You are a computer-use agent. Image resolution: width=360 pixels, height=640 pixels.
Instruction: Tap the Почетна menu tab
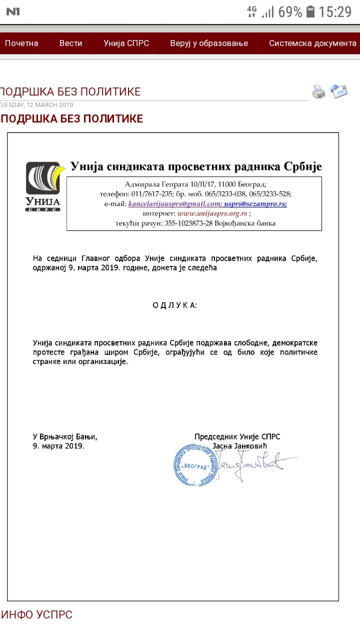point(21,43)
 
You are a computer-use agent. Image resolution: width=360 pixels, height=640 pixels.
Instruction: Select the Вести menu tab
point(70,43)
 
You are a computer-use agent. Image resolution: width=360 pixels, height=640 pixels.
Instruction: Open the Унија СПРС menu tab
point(126,43)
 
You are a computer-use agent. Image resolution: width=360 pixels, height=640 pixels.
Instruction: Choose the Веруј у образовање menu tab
point(209,43)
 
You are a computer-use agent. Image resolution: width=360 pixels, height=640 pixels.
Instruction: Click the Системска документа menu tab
point(312,43)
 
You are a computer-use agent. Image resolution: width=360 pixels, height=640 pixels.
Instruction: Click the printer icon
point(318,91)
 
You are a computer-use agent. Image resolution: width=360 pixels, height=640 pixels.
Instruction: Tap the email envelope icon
point(338,91)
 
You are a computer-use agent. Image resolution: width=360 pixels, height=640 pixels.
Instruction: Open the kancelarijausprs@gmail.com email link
point(174,204)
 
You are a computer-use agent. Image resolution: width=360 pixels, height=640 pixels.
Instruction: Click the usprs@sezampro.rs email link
point(255,204)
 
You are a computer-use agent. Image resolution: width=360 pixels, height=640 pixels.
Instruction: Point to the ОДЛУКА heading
point(174,305)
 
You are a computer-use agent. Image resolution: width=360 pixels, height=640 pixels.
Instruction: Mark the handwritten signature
point(250,462)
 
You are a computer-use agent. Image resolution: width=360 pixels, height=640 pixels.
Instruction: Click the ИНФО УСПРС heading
point(37,615)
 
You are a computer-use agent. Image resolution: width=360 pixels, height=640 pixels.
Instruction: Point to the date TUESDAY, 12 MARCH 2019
point(37,105)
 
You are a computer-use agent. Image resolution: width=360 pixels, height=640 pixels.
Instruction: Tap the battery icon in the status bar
point(310,11)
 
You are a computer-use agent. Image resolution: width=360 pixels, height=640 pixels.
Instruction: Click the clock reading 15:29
point(335,11)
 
